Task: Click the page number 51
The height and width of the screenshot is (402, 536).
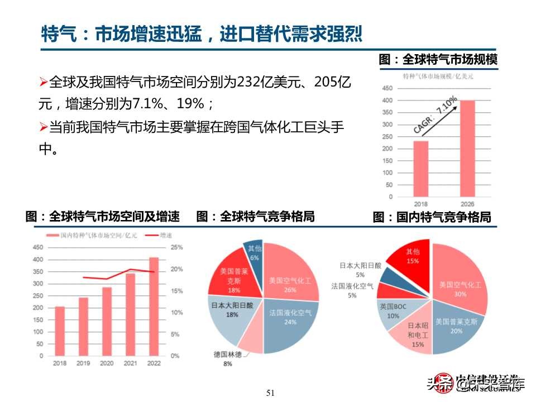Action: point(271,393)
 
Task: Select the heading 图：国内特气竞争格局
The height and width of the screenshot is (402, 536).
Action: point(432,217)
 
